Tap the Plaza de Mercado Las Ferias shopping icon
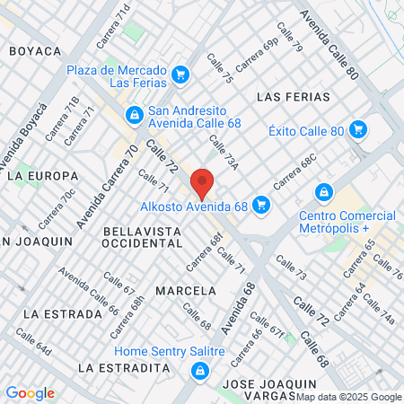tap(180, 74)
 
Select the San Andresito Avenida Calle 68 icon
tap(134, 114)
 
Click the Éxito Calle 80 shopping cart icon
tap(359, 129)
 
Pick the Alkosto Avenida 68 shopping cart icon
tap(261, 205)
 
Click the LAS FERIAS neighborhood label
tap(294, 96)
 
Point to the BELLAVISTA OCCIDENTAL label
tap(143, 237)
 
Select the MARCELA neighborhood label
tap(186, 291)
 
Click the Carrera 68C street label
tap(296, 171)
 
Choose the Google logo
tap(30, 392)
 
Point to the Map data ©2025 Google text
tap(349, 397)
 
